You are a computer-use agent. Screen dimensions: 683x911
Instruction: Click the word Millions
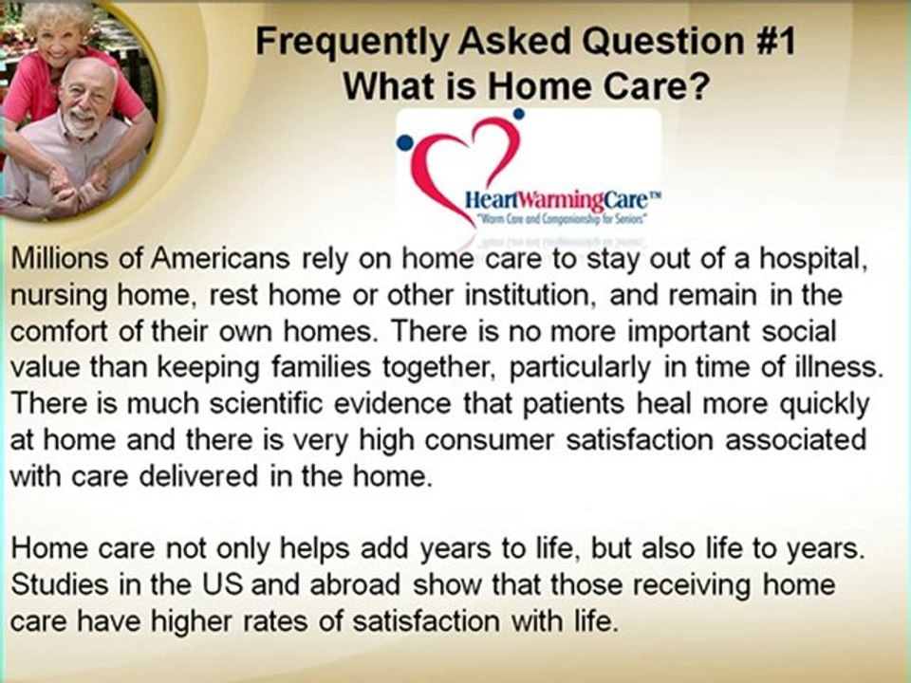61,259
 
